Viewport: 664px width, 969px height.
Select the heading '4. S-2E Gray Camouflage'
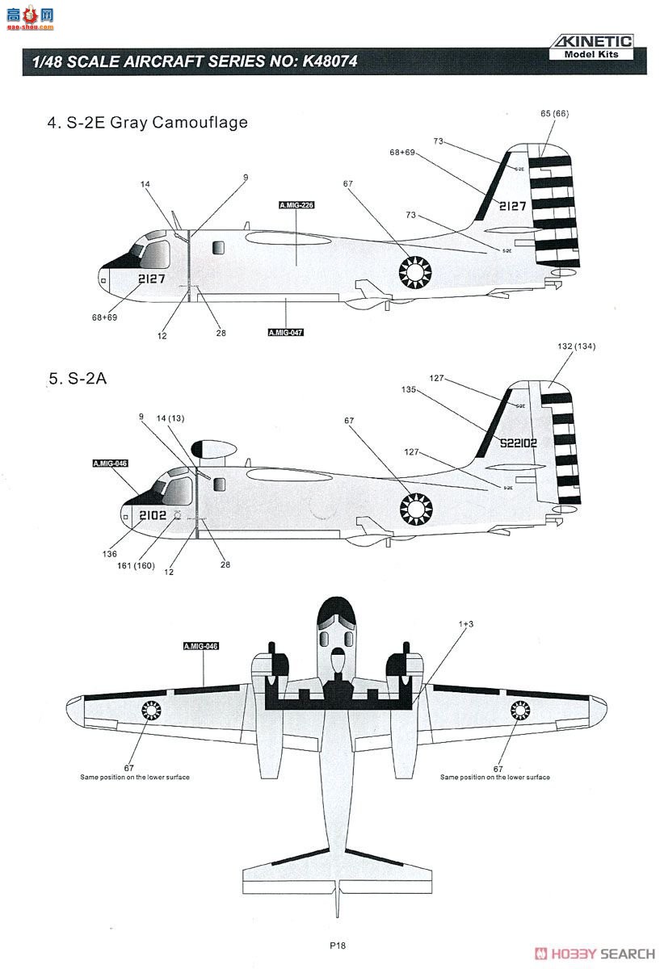(x=148, y=123)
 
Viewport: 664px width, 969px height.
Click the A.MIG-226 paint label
(x=296, y=206)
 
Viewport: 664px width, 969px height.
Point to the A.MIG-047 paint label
(x=286, y=332)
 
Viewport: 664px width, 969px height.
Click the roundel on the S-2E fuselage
(x=416, y=272)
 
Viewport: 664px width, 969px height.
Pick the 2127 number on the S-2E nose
(x=151, y=279)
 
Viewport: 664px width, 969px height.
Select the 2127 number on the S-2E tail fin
(x=512, y=206)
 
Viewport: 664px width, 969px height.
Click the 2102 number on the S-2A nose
(x=153, y=514)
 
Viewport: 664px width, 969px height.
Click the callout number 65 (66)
(x=554, y=114)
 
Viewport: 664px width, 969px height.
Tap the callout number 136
(x=110, y=554)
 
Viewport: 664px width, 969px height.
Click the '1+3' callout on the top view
(x=466, y=624)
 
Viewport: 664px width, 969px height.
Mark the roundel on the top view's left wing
(x=151, y=710)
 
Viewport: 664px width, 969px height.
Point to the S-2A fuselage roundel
(x=417, y=509)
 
